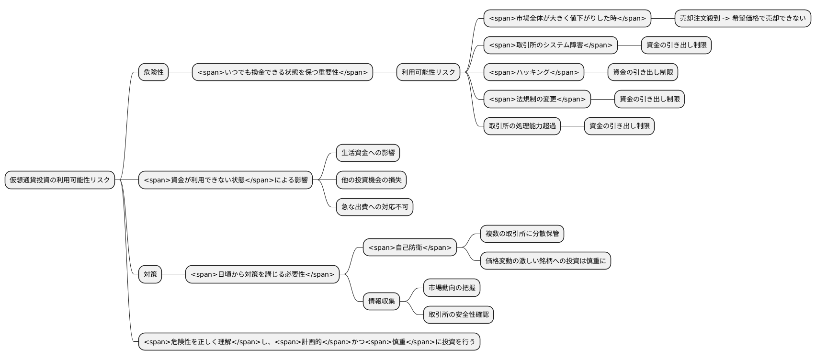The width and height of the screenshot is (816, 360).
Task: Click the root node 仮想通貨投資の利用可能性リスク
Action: (x=60, y=180)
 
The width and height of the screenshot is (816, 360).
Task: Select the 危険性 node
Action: (x=153, y=72)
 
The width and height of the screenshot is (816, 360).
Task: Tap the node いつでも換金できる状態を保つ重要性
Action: (x=282, y=72)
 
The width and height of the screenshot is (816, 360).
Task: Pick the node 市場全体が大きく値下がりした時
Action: (x=567, y=18)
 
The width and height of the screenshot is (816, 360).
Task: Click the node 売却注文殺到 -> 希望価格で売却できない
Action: (x=743, y=18)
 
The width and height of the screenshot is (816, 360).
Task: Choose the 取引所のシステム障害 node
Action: (x=550, y=45)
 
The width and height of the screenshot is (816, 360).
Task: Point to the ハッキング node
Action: (x=533, y=72)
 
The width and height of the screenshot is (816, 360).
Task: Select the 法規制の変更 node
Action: (x=537, y=99)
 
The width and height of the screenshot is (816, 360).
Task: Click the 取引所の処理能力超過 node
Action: (x=522, y=126)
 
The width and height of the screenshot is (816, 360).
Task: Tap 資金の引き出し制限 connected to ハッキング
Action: (x=643, y=72)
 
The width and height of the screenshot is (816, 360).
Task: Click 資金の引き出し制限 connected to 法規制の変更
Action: (x=649, y=99)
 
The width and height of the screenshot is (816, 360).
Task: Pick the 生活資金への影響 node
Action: (x=368, y=153)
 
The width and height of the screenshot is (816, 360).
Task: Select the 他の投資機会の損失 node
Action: (x=371, y=180)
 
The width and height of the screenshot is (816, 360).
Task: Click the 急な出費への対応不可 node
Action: (x=374, y=207)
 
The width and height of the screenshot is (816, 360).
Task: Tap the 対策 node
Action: (x=150, y=274)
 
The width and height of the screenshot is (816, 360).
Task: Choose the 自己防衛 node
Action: (x=409, y=247)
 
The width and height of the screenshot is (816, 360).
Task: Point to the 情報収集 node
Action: (x=381, y=301)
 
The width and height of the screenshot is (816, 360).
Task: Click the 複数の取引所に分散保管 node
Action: (x=522, y=234)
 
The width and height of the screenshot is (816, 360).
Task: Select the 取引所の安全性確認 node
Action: (x=458, y=315)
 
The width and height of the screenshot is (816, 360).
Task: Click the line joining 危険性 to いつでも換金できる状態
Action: (x=180, y=72)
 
